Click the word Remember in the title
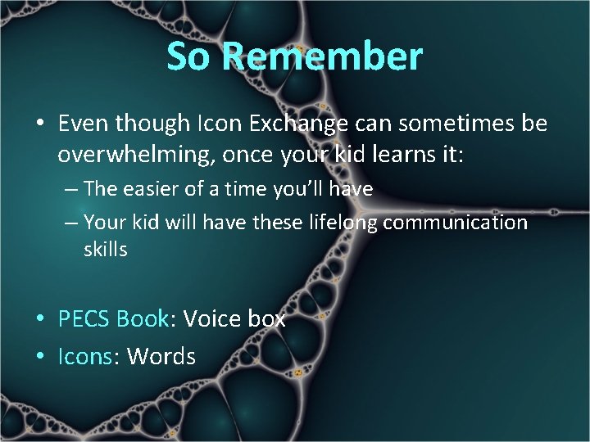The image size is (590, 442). [321, 56]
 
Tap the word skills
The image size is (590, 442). [106, 250]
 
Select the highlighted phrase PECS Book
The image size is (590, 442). [113, 318]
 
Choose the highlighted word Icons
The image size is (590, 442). [85, 356]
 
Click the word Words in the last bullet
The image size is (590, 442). [161, 356]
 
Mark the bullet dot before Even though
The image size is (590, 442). [39, 124]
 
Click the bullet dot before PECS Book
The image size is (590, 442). [39, 319]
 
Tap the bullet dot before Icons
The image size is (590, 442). [39, 357]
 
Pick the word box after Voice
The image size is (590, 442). [265, 318]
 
